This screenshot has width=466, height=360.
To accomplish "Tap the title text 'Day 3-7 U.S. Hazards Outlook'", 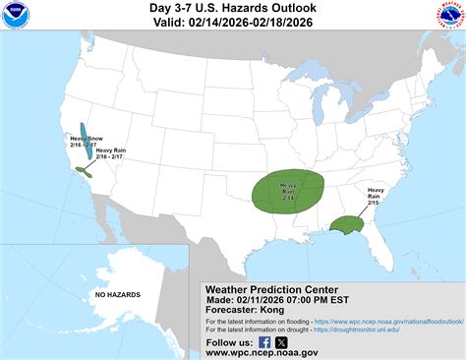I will [x=232, y=9].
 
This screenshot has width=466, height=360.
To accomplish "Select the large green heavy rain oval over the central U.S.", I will [x=289, y=191].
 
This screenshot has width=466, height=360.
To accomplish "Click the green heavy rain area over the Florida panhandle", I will [x=347, y=226].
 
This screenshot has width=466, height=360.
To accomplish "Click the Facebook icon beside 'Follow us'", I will [x=263, y=342].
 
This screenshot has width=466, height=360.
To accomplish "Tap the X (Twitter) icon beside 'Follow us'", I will [x=281, y=342].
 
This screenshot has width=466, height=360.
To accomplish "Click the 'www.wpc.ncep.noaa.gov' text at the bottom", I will [x=262, y=352].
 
